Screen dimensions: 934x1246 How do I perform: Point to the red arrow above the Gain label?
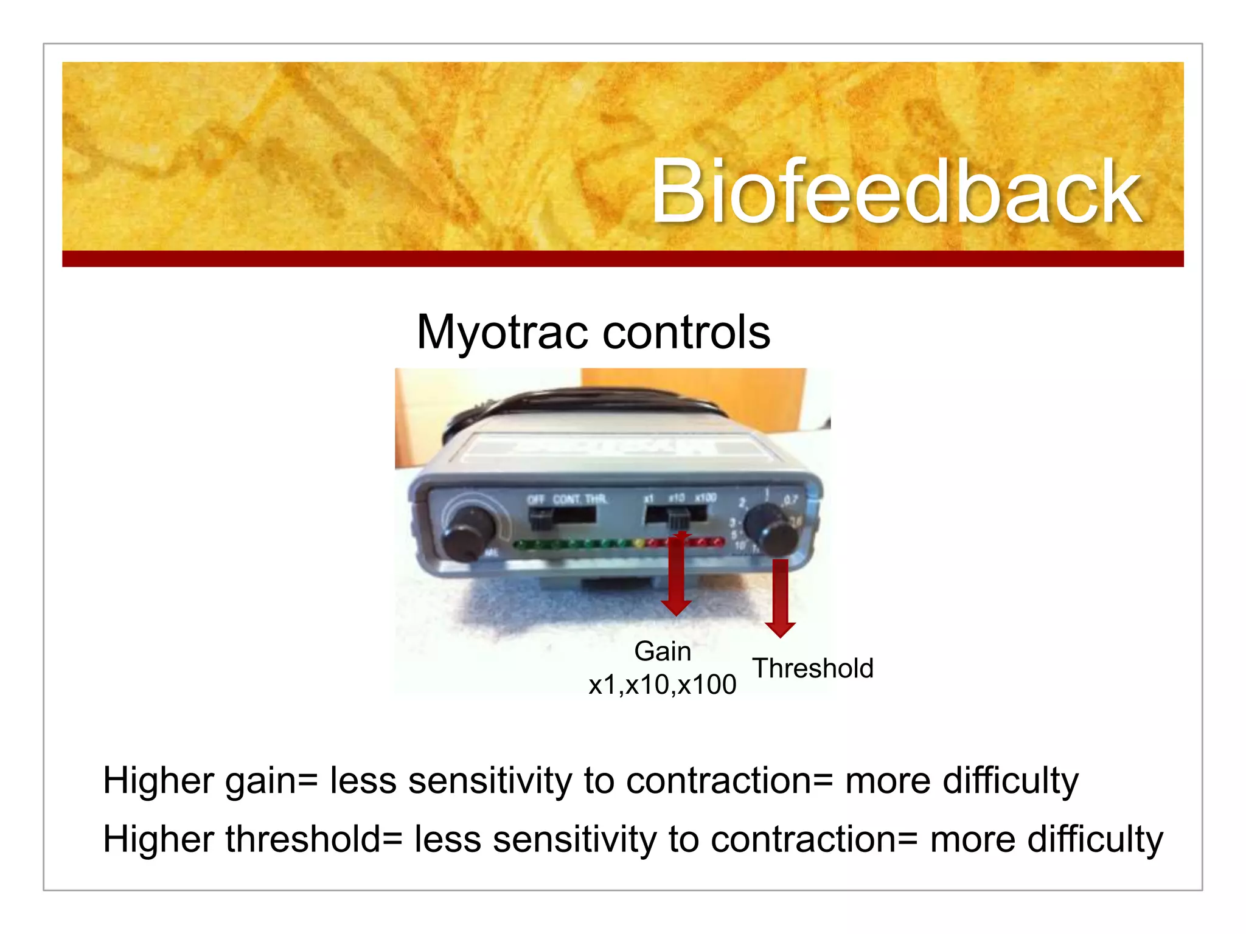pyautogui.click(x=677, y=575)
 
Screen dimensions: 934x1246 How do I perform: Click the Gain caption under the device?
pyautogui.click(x=662, y=651)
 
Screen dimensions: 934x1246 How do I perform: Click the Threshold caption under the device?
pyautogui.click(x=813, y=668)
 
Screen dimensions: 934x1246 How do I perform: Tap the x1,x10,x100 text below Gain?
pyautogui.click(x=662, y=685)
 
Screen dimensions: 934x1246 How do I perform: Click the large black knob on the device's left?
pyautogui.click(x=467, y=533)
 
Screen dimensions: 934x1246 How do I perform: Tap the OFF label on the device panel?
pyautogui.click(x=536, y=500)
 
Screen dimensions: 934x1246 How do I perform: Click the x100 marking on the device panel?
pyautogui.click(x=706, y=497)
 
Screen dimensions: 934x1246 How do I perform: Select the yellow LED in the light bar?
pyautogui.click(x=638, y=543)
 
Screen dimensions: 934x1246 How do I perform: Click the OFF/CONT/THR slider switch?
pyautogui.click(x=540, y=519)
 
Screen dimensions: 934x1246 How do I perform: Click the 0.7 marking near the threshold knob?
pyautogui.click(x=790, y=500)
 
